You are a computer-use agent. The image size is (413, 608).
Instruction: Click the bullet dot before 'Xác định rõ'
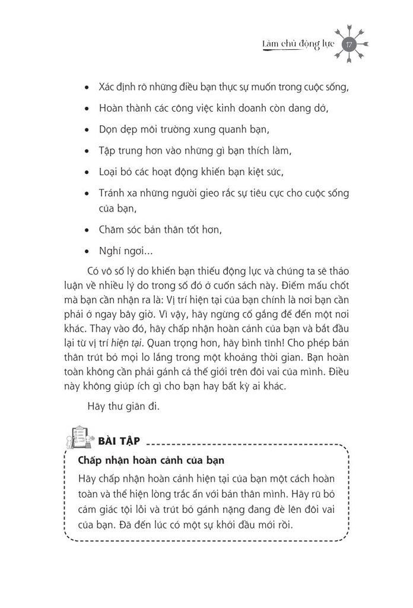[x=87, y=87]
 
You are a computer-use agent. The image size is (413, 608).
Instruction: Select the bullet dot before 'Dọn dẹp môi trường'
[x=87, y=129]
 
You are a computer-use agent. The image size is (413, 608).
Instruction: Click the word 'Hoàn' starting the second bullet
[x=110, y=108]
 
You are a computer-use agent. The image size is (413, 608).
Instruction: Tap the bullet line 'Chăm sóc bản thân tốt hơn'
[x=156, y=229]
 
